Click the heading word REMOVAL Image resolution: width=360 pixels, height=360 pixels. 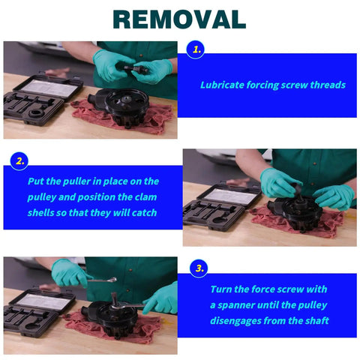179,19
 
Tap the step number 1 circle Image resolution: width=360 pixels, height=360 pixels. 195,49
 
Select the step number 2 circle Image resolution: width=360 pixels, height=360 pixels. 19,161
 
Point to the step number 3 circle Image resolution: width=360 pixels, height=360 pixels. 199,268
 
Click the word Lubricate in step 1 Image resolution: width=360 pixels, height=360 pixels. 222,85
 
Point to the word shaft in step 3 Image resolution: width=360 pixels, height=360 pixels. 316,320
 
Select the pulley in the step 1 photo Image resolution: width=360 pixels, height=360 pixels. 126,103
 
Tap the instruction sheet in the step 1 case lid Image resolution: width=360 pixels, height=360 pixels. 48,88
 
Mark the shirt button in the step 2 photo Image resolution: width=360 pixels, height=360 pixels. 314,163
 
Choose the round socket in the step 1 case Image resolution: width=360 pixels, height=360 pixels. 37,113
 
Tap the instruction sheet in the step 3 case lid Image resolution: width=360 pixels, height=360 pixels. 43,301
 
